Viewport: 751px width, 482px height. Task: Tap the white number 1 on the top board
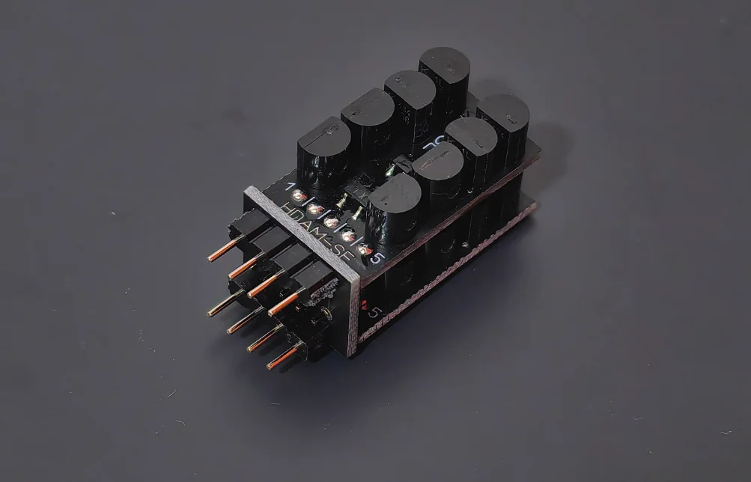click(291, 185)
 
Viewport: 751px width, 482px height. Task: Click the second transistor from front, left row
click(367, 123)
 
